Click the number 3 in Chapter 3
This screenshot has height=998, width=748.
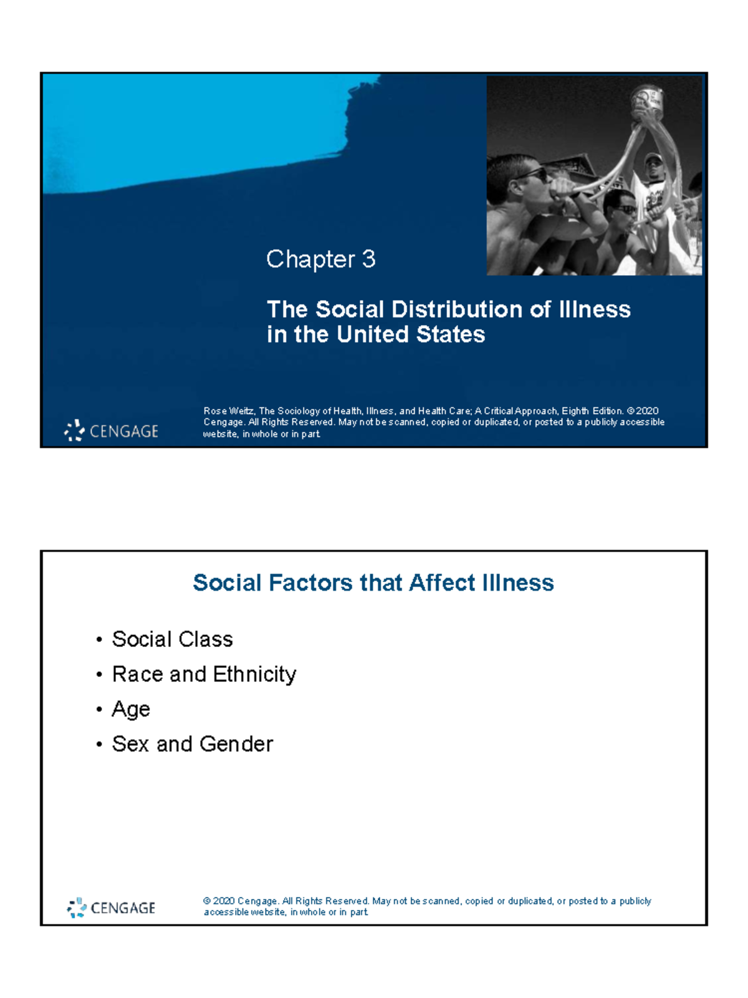[x=368, y=259]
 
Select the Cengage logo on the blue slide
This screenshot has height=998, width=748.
[x=111, y=430]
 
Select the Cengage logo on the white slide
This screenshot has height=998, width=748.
[x=111, y=908]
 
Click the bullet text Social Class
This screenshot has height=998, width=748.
[x=172, y=639]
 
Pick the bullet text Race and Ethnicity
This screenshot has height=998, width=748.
[x=204, y=674]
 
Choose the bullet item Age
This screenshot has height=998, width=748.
[x=131, y=709]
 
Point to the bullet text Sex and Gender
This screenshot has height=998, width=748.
[x=192, y=744]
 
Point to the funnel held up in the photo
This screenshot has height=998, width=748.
[x=647, y=103]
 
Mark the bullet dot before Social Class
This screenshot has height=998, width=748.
[x=99, y=640]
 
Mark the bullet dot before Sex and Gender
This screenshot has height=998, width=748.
[x=99, y=745]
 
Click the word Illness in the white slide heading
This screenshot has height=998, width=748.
[x=517, y=583]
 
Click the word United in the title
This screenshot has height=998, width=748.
[x=373, y=334]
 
